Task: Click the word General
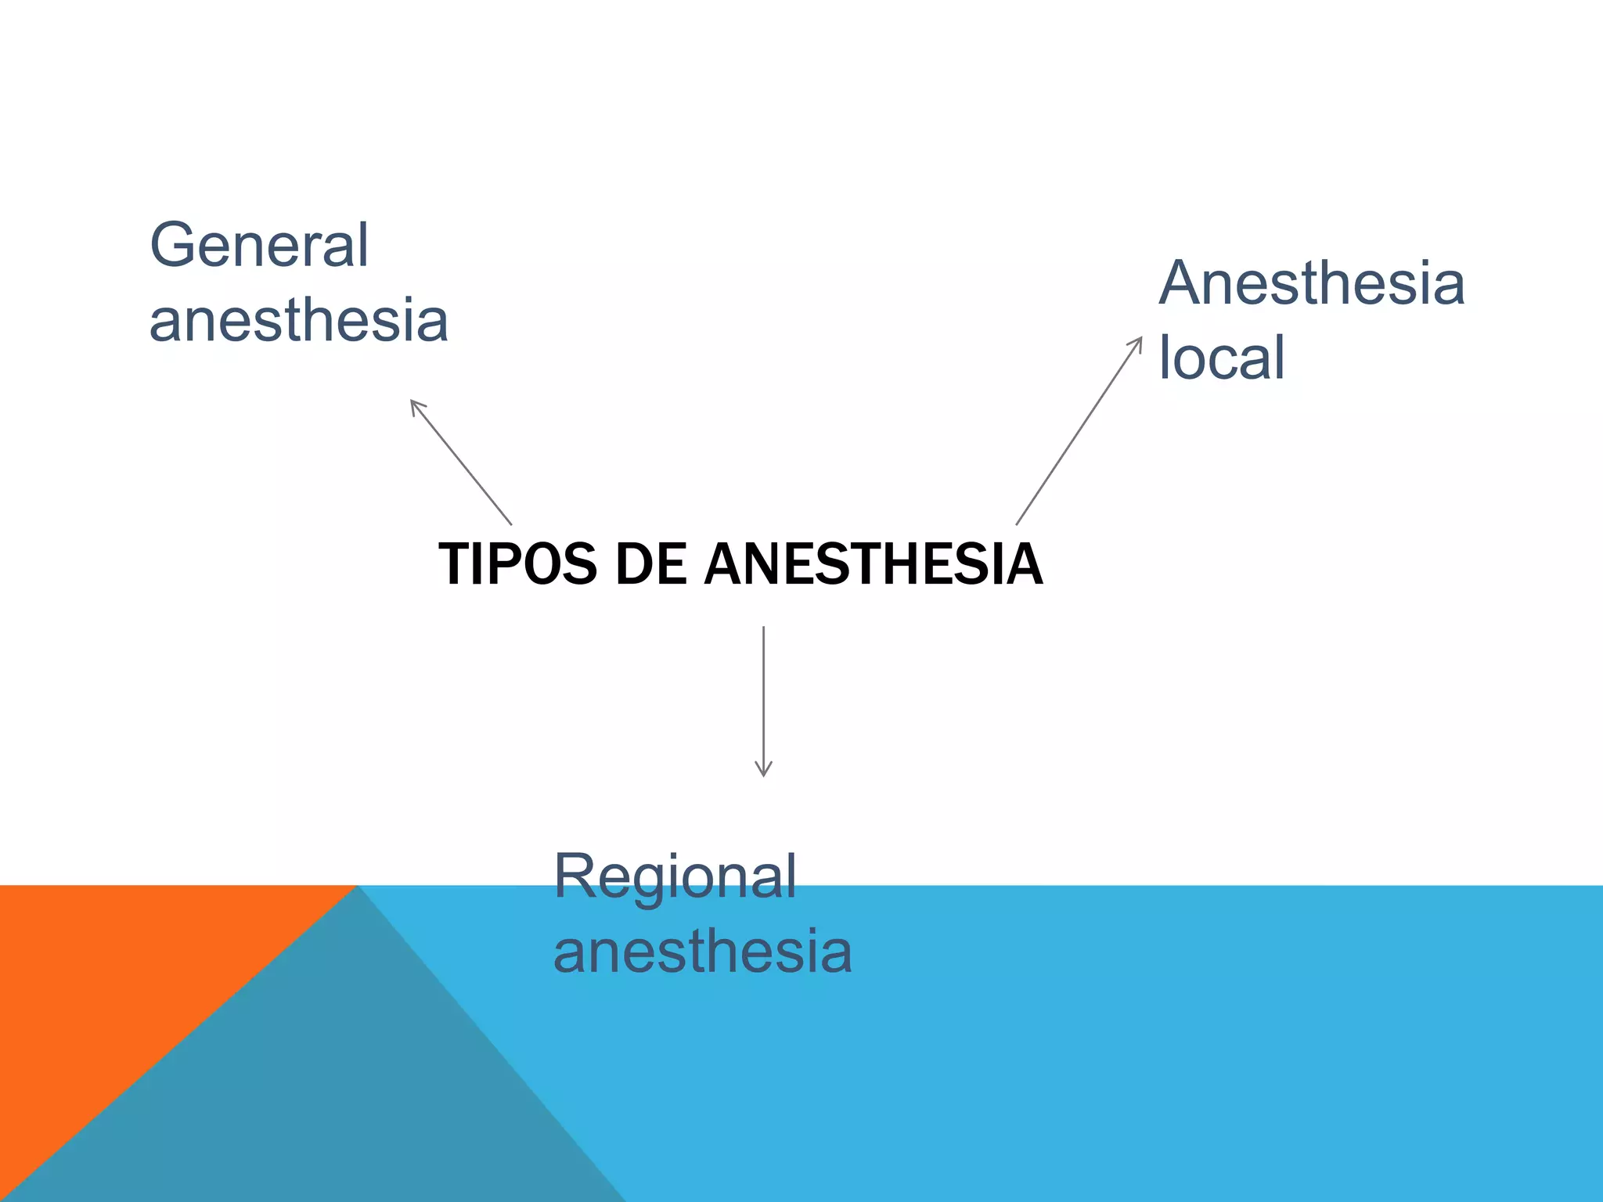coord(258,245)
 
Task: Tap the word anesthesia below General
coord(298,321)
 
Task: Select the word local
coord(1221,358)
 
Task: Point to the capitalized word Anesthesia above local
coord(1311,283)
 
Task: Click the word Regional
coord(675,877)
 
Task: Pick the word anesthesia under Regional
coord(702,952)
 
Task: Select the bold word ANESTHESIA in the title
coord(873,564)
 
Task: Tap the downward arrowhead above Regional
coord(763,771)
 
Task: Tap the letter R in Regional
coord(573,877)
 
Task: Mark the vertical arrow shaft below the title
coord(763,696)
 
